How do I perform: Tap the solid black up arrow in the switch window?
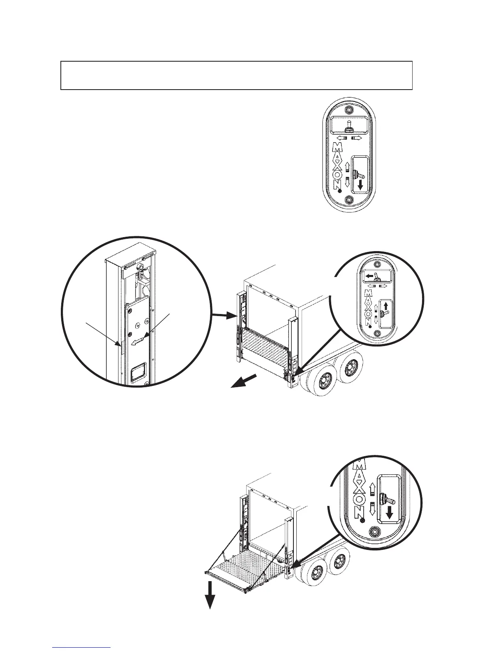click(386, 306)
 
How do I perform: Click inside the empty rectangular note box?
click(236, 75)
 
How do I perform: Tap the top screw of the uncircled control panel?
click(349, 111)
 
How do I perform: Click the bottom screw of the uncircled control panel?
click(349, 200)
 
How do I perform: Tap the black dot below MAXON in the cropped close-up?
click(362, 520)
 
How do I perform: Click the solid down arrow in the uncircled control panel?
click(360, 185)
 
